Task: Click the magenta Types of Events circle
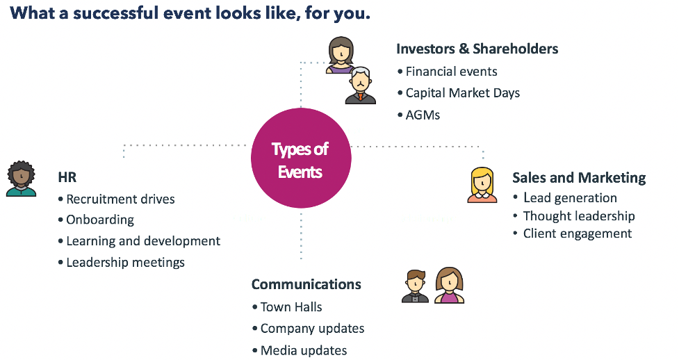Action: pos(301,158)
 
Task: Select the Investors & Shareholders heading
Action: pos(477,49)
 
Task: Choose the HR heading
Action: pos(67,177)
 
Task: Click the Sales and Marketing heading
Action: pos(579,178)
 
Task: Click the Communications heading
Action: pos(306,284)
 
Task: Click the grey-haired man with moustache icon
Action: pos(360,85)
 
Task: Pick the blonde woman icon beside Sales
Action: pos(482,185)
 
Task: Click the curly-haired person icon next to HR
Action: pos(21,179)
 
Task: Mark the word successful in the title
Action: pos(115,13)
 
